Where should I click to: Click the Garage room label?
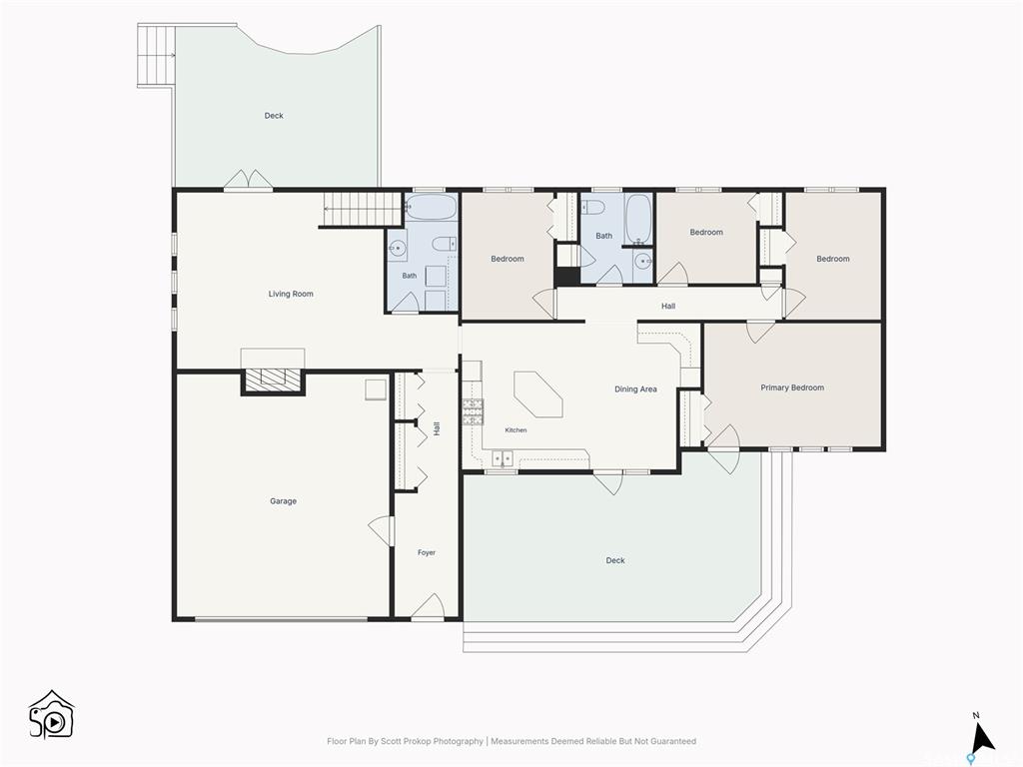283,501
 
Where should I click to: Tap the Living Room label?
291,294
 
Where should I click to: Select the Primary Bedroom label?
792,387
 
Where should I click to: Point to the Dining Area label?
635,389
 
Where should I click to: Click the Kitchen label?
515,430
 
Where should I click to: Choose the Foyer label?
427,552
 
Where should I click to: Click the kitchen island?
538,393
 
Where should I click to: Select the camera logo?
52,715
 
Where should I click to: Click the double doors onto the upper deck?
248,180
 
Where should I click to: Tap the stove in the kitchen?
473,412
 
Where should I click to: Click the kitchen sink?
502,459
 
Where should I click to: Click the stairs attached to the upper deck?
157,56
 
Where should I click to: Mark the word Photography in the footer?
458,741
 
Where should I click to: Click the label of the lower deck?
615,560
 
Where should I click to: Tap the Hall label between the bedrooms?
668,306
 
